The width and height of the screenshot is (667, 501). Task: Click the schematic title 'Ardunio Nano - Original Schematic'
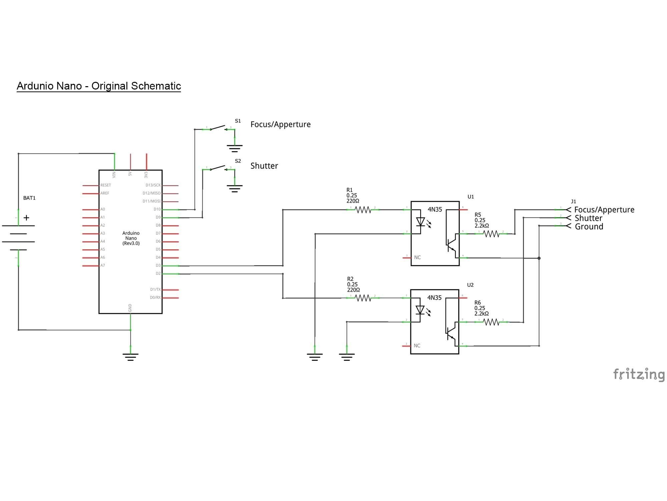click(x=99, y=86)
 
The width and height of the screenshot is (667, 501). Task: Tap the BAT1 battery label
click(x=29, y=198)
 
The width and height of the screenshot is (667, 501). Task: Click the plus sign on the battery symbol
click(x=27, y=218)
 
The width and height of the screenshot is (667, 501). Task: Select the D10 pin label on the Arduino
click(x=157, y=209)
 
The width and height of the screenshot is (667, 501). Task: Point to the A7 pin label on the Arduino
click(x=103, y=266)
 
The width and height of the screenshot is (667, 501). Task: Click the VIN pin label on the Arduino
click(x=114, y=174)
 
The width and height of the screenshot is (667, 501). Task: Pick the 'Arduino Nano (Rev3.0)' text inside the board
click(x=131, y=238)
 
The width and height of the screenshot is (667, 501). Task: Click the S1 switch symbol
click(x=218, y=128)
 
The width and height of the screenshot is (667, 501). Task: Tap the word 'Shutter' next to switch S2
click(x=264, y=166)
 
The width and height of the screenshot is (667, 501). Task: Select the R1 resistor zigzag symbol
click(x=363, y=210)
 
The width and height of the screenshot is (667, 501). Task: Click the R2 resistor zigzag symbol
click(x=363, y=298)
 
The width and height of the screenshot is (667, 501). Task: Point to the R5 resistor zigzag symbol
click(x=491, y=234)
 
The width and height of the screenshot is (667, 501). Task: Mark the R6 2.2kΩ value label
click(x=482, y=314)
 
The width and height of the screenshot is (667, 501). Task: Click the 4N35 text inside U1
click(x=435, y=210)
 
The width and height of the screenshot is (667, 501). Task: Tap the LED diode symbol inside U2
click(x=421, y=310)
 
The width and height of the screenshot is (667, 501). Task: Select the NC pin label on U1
click(x=418, y=258)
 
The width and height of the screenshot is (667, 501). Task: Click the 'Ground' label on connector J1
click(x=589, y=227)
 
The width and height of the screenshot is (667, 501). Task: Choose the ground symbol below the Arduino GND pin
click(x=130, y=357)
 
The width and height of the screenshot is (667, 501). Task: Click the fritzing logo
click(x=639, y=374)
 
